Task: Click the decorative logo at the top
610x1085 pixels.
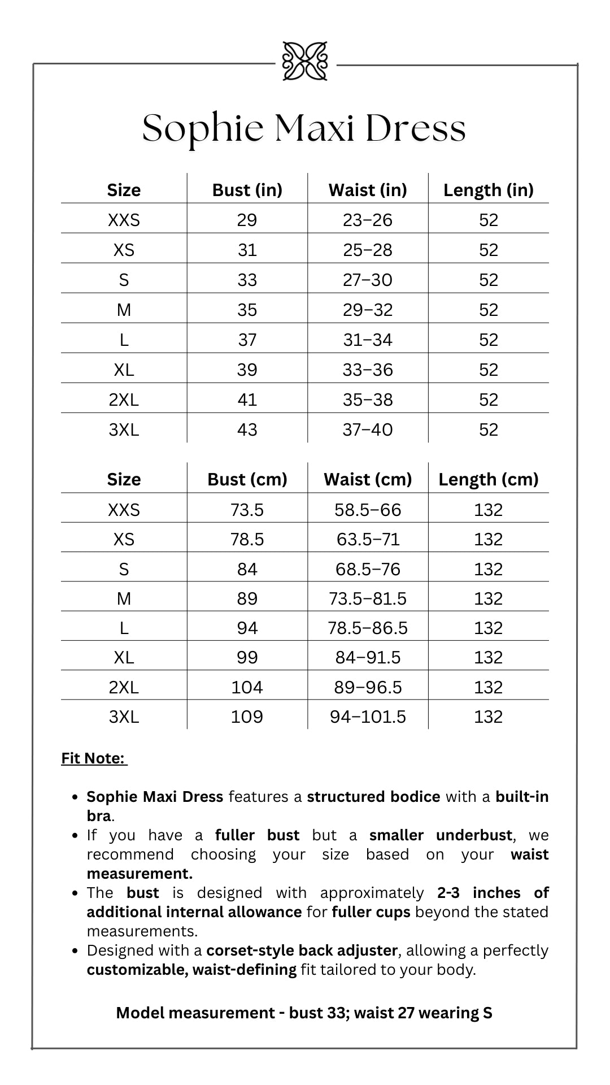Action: [x=305, y=61]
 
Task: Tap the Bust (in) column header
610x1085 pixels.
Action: [x=247, y=190]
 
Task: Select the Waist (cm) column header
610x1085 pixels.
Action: [x=368, y=479]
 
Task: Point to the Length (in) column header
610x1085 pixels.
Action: [x=489, y=190]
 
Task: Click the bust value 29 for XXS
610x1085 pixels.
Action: [x=247, y=220]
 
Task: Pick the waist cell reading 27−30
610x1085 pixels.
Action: [x=368, y=280]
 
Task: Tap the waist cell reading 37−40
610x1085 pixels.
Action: [x=368, y=429]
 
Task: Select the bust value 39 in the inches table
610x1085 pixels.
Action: [x=247, y=370]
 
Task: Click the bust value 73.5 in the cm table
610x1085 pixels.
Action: [x=247, y=510]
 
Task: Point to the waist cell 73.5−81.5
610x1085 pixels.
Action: [x=368, y=598]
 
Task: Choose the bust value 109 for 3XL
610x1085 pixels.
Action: [x=247, y=717]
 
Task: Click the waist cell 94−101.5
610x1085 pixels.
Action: [x=368, y=717]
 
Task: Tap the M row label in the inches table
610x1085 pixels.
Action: [x=124, y=310]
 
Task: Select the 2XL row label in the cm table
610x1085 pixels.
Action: [x=124, y=687]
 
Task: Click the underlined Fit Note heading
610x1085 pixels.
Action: [x=94, y=758]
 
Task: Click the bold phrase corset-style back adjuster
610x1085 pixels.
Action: [x=302, y=951]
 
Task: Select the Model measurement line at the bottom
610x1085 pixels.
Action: [x=304, y=1013]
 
